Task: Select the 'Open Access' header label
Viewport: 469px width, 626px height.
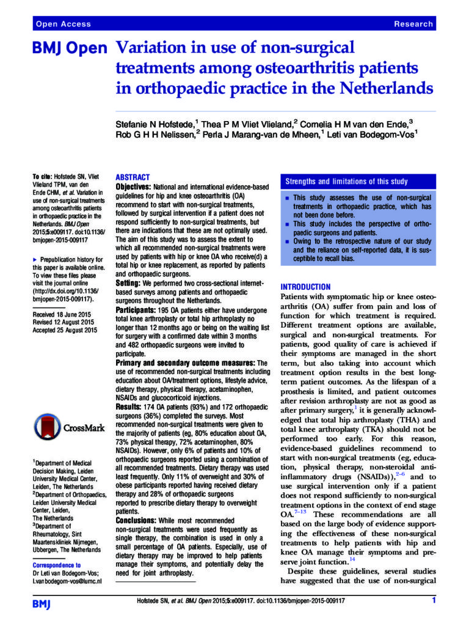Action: (x=64, y=24)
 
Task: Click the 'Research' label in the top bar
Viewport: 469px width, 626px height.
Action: (x=413, y=24)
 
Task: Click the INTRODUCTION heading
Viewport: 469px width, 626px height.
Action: (x=305, y=286)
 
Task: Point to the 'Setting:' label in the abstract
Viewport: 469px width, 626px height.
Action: (x=129, y=285)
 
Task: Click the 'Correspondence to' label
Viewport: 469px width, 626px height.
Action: (x=57, y=565)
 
